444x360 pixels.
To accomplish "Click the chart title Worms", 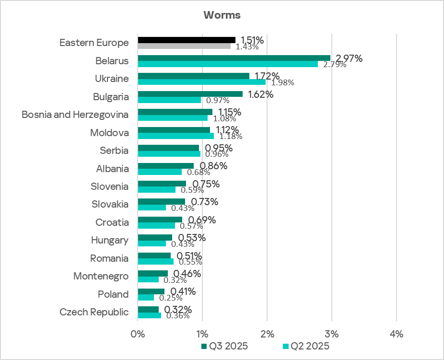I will (222, 15).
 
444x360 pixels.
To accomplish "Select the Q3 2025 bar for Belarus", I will (234, 58).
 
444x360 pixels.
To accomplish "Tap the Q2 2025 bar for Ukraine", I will (202, 82).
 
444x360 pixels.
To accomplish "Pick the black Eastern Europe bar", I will (187, 40).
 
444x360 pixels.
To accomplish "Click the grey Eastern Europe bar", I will (184, 46).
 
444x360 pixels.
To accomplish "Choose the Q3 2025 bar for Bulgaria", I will (190, 94).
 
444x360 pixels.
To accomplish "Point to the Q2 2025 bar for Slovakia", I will (152, 208).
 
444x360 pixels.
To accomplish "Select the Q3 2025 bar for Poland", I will (151, 291).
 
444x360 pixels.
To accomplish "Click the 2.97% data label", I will (348, 58).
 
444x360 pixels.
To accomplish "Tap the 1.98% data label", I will (283, 82).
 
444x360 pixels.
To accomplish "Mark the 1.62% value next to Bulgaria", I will (260, 94).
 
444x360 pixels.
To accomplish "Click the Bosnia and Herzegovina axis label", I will (75, 115).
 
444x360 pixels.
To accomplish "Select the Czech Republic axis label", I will (94, 312).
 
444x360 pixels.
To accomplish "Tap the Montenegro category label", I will (101, 276).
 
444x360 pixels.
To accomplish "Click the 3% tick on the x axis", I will (332, 334).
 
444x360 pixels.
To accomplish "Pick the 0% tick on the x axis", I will (138, 334).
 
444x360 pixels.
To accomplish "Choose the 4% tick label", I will (397, 334).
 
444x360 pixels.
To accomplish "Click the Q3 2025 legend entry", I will (224, 346).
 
